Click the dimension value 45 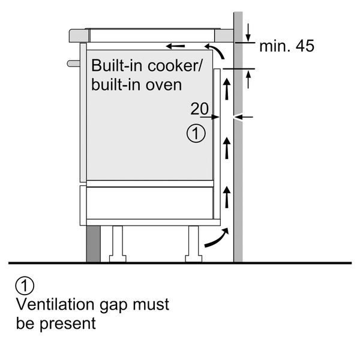pos(301,46)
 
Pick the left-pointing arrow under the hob pos(175,46)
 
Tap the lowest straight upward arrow pos(227,196)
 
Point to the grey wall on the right pos(238,180)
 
